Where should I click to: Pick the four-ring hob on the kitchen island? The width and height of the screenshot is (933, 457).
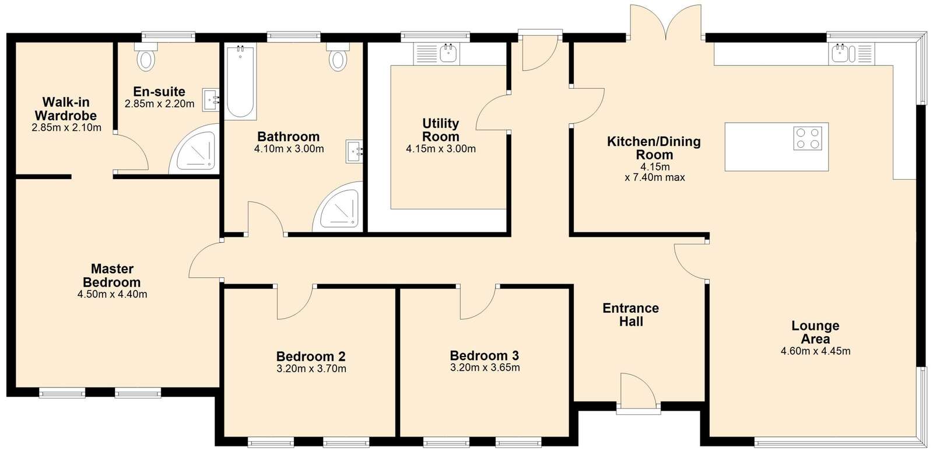click(x=808, y=138)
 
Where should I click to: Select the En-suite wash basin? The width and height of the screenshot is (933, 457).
click(x=211, y=100)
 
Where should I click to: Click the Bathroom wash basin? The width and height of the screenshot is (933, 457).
click(x=355, y=151)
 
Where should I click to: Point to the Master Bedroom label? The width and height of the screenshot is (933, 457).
click(x=111, y=275)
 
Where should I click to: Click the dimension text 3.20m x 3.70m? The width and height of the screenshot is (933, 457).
click(x=311, y=369)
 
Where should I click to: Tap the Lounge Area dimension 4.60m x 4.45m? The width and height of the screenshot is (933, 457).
click(x=816, y=351)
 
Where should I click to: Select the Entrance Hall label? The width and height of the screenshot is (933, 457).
click(x=630, y=315)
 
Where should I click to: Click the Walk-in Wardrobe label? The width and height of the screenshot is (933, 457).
click(x=66, y=109)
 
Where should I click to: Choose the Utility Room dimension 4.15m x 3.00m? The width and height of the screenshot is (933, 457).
click(x=441, y=149)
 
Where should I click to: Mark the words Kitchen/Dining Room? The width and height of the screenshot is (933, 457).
click(x=654, y=148)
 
